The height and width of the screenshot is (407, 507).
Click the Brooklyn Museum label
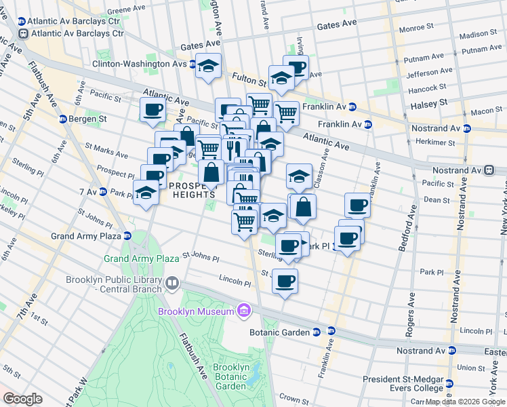(x=196, y=311)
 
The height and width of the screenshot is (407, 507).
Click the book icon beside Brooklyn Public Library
(x=172, y=282)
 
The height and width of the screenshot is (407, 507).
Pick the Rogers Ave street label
(x=411, y=315)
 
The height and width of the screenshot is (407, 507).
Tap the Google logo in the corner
(x=22, y=399)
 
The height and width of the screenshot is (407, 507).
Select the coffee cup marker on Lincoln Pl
(x=285, y=280)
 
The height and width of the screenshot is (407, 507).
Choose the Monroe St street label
(x=416, y=28)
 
